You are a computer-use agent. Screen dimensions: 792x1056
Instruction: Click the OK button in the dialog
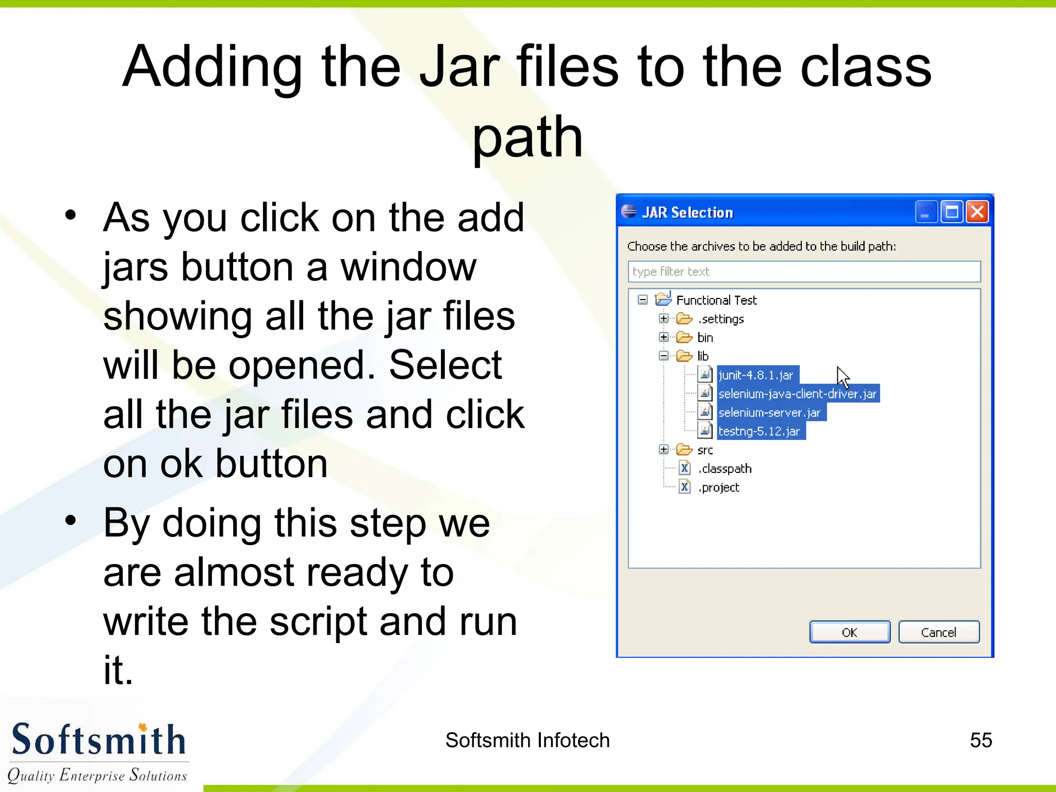click(849, 632)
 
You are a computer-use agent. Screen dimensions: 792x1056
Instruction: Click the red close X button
click(977, 212)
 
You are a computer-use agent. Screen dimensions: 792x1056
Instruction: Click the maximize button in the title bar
click(951, 212)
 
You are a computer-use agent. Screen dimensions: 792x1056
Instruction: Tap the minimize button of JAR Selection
click(926, 212)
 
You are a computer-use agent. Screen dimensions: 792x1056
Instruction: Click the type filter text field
click(803, 272)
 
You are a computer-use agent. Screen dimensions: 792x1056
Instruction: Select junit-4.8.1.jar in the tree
click(756, 375)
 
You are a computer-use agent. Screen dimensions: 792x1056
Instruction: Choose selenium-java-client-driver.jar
click(797, 394)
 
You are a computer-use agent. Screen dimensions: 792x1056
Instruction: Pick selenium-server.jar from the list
click(769, 412)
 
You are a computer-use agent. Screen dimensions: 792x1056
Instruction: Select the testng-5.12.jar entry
click(759, 431)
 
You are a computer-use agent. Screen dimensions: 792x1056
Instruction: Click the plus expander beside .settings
click(664, 319)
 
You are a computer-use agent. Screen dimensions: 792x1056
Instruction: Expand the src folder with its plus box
click(664, 450)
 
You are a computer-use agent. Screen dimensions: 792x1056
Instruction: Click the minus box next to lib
click(664, 356)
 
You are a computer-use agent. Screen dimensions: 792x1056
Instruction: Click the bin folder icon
click(684, 337)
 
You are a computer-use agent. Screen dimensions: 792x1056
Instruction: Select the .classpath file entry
click(724, 469)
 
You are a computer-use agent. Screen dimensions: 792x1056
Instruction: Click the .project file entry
click(719, 487)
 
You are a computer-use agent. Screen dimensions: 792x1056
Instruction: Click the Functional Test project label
click(716, 300)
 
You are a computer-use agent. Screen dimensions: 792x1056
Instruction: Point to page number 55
click(981, 740)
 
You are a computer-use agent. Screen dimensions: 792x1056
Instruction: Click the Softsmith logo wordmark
click(98, 740)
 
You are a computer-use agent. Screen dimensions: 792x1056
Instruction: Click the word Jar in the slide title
click(459, 67)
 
